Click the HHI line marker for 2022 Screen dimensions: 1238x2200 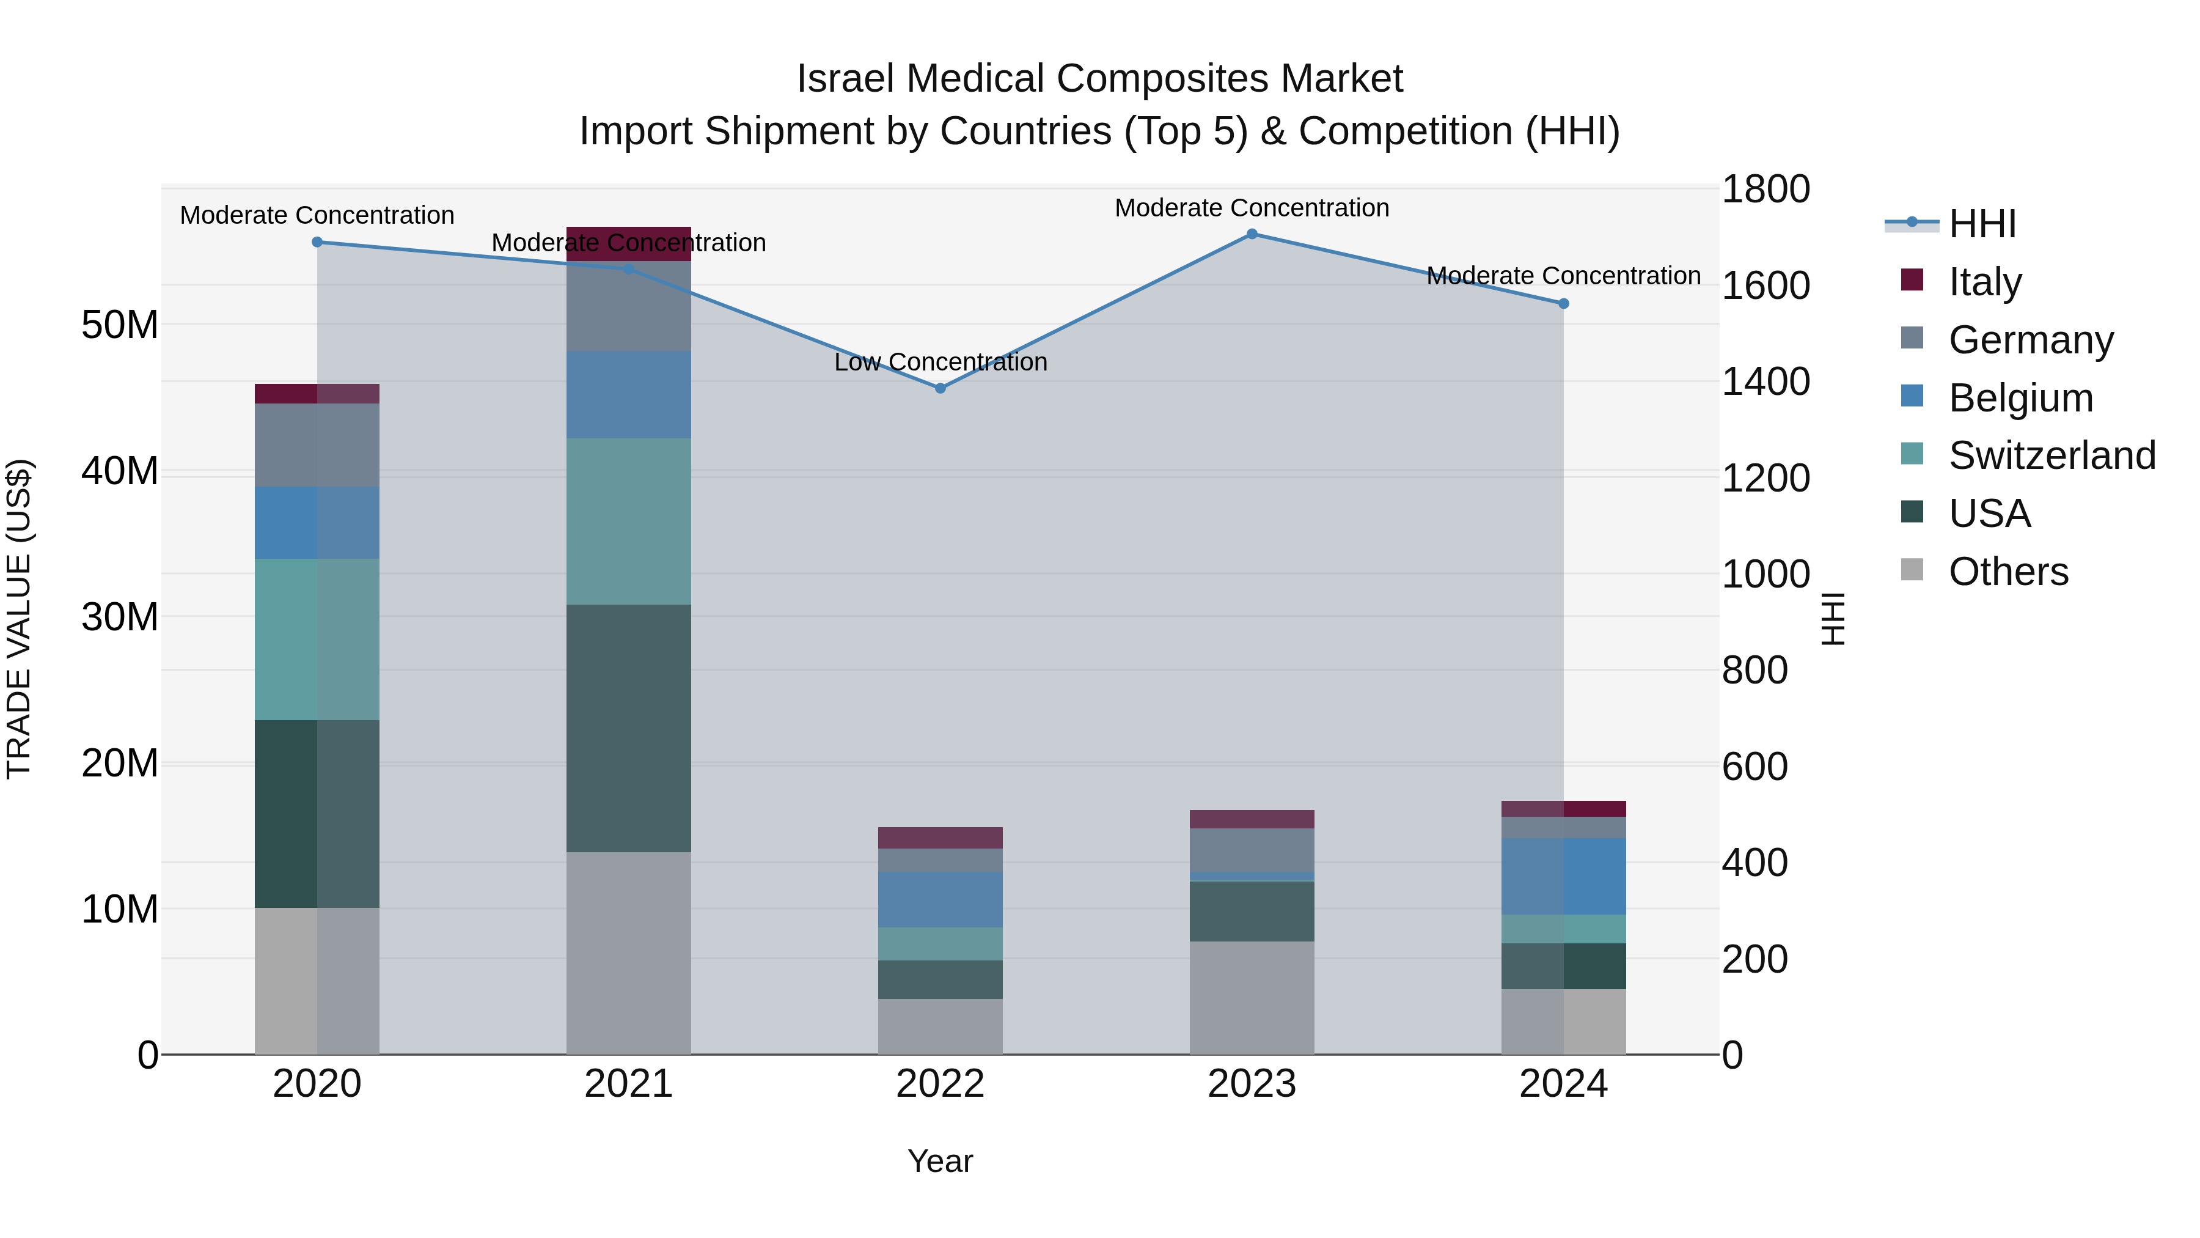click(x=941, y=388)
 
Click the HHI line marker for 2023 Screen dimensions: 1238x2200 click(x=1252, y=234)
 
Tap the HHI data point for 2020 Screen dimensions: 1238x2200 click(x=317, y=241)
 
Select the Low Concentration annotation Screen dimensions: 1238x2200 click(x=941, y=363)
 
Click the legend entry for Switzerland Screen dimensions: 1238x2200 click(x=2051, y=455)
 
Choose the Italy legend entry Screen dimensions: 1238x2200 click(x=1985, y=281)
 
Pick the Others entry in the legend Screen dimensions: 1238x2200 click(x=2008, y=572)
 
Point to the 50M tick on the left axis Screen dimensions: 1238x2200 click(x=120, y=325)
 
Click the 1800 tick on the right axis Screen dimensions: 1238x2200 click(x=1764, y=189)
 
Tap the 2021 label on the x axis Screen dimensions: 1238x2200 click(x=629, y=1084)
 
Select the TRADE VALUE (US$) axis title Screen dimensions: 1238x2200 click(x=19, y=619)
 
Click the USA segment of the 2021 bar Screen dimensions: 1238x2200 click(x=629, y=728)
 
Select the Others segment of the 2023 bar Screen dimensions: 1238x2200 click(x=1252, y=997)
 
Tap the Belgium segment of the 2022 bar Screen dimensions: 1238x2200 click(x=941, y=900)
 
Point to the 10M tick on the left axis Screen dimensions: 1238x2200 click(x=120, y=909)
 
